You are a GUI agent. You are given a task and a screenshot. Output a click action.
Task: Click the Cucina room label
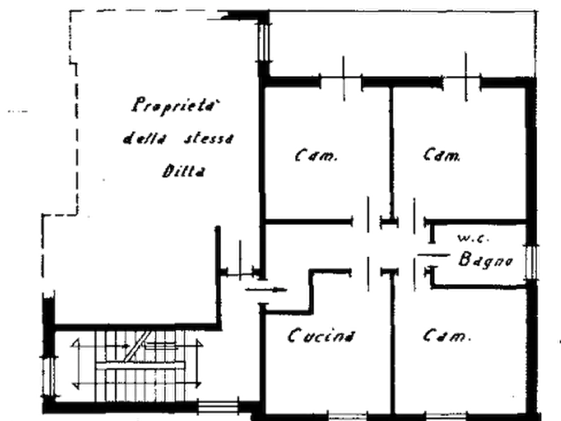click(x=322, y=337)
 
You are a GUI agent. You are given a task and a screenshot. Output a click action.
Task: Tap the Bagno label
click(x=486, y=259)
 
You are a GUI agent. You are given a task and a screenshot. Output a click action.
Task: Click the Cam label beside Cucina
click(x=445, y=337)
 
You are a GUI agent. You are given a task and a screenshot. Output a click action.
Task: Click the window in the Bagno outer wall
click(x=532, y=259)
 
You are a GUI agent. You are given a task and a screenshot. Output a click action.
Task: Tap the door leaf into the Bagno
click(x=415, y=271)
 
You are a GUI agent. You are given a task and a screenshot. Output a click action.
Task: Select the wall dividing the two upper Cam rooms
click(x=393, y=151)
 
